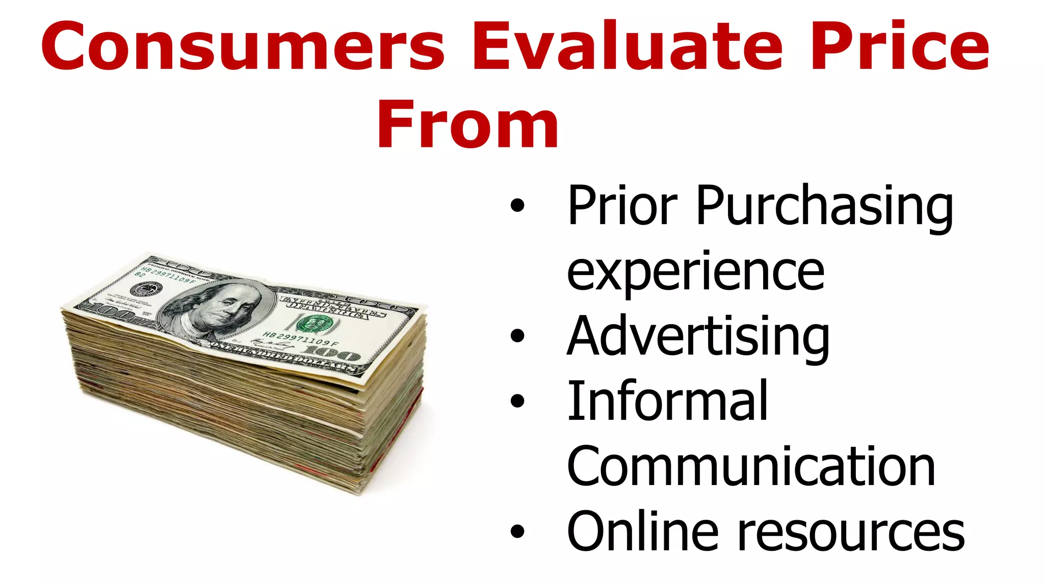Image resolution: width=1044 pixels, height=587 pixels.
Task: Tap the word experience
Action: (x=695, y=273)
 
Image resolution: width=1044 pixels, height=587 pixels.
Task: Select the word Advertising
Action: (x=698, y=337)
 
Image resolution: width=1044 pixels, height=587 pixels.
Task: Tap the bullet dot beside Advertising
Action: (x=517, y=336)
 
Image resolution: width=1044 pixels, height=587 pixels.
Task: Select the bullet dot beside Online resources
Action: (x=517, y=531)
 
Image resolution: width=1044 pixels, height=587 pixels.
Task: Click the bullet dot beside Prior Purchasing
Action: (x=517, y=205)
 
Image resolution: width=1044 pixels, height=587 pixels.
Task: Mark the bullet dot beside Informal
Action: (x=517, y=401)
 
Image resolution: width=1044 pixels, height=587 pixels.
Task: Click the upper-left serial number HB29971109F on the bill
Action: (x=168, y=275)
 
